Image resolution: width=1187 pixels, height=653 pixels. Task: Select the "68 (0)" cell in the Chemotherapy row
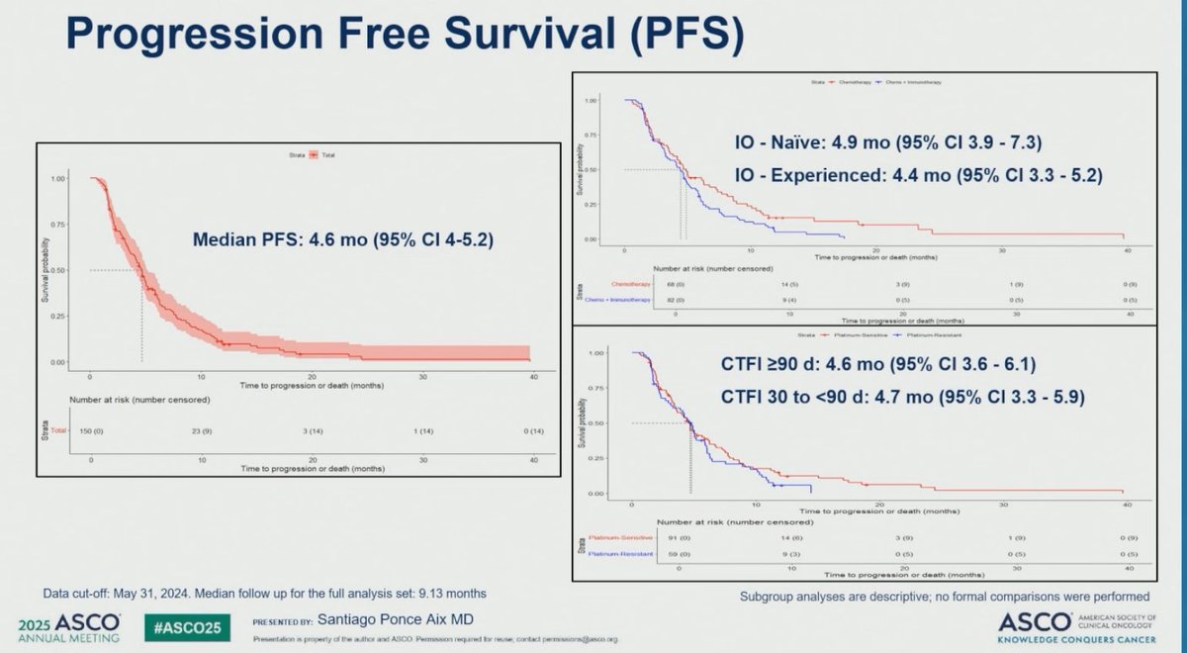pyautogui.click(x=675, y=284)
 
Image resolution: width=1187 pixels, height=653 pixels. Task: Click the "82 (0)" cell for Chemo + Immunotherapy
pyautogui.click(x=675, y=299)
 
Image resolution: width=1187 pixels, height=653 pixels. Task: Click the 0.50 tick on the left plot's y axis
pyautogui.click(x=56, y=270)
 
